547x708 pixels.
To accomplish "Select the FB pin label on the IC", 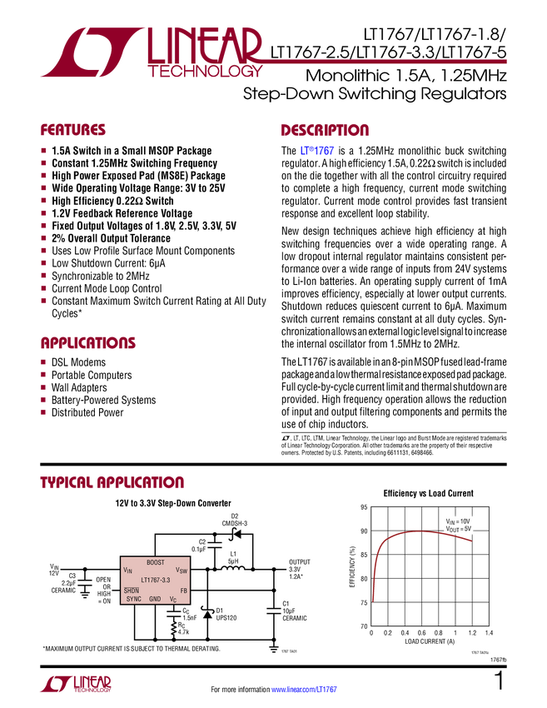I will [182, 590].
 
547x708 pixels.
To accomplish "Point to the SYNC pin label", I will [133, 600].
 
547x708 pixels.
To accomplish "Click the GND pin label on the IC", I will [156, 600].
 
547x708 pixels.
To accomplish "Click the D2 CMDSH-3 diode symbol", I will [236, 534].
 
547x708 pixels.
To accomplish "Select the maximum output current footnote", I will [132, 648].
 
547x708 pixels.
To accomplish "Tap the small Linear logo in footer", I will [75, 683].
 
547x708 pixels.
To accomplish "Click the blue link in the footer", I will [306, 689].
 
